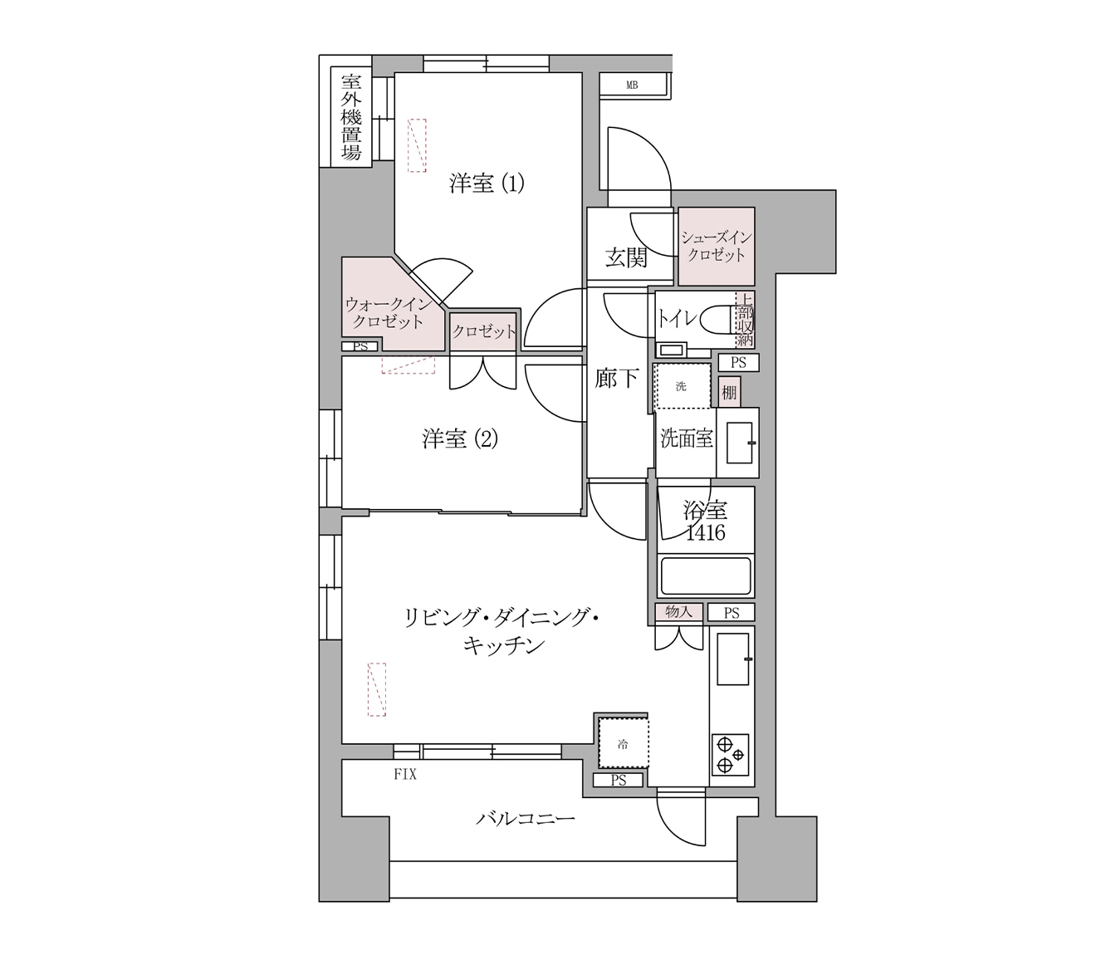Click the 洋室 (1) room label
coord(487,183)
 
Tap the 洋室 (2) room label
coord(460,438)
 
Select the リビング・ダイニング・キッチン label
coord(502,631)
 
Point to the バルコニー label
coord(525,820)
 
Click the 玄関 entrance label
coord(625,258)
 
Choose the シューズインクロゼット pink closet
coord(717,247)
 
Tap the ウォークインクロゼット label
coord(387,313)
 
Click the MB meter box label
coord(632,85)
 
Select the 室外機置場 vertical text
coord(351,117)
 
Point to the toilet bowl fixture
coord(717,320)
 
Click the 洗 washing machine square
coord(682,386)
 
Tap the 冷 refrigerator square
coord(623,744)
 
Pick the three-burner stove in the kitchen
coord(730,754)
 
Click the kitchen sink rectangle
coord(733,659)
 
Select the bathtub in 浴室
coord(706,576)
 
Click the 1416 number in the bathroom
coord(705,533)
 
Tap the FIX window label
coord(405,775)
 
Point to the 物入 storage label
coord(678,612)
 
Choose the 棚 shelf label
coord(729,392)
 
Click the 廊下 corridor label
coord(617,379)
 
